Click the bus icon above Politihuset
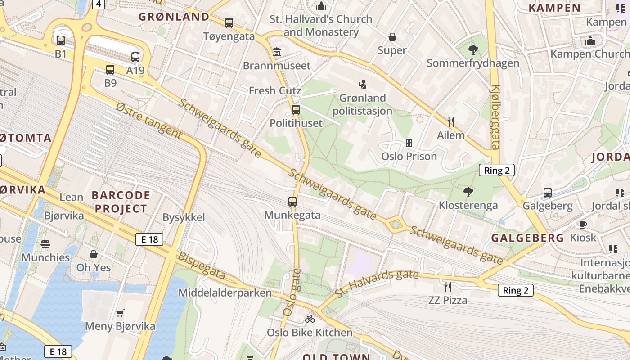pos(296,109)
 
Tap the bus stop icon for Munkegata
pos(292,202)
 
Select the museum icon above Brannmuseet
pos(276,53)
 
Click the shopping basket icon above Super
pos(392,37)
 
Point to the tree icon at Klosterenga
pos(468,192)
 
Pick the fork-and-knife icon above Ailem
pos(451,121)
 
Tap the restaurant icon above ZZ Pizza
pos(447,287)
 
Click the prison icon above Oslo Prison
pos(409,143)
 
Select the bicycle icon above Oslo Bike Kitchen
pos(310,319)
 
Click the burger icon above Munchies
pos(45,244)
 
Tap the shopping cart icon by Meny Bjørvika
pos(120,313)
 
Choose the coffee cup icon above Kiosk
pos(583,224)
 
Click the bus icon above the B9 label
pos(110,70)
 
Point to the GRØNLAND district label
pos(174,17)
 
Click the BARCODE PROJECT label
pos(121,202)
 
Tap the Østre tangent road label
pos(148,120)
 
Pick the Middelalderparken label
pos(225,293)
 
